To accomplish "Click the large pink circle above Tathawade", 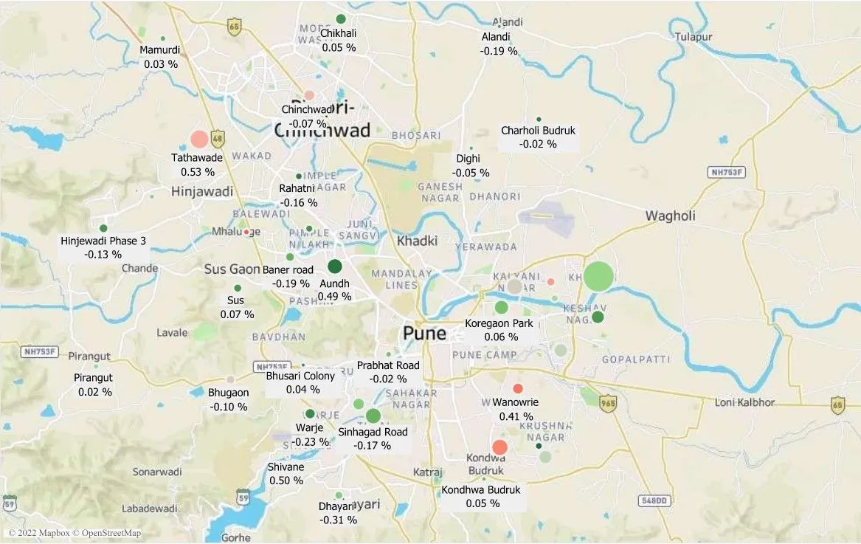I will (199, 139).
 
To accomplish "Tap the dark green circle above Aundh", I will (334, 267).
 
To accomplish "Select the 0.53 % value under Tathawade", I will (198, 172).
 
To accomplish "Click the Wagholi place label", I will (670, 216).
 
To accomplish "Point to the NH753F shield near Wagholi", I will (727, 172).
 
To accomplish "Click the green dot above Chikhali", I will (340, 18).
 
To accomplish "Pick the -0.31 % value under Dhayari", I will (338, 520).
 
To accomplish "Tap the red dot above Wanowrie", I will (518, 388).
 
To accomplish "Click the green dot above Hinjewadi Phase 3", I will (103, 228).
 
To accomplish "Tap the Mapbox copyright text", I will (74, 533).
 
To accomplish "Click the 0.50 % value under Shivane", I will (286, 481).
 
